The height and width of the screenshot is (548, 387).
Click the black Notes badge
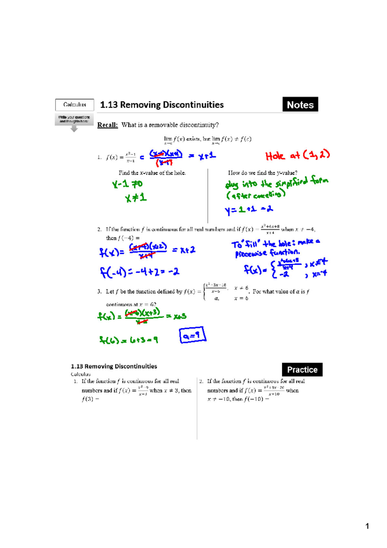pyautogui.click(x=300, y=105)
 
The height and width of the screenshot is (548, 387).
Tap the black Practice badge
pyautogui.click(x=302, y=370)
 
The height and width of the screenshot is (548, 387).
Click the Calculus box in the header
pyautogui.click(x=74, y=105)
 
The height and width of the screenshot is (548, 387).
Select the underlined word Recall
pyautogui.click(x=107, y=125)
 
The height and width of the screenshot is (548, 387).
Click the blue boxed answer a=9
pyautogui.click(x=193, y=335)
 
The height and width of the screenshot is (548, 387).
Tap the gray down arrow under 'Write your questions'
pyautogui.click(x=74, y=129)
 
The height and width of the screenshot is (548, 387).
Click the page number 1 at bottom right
pyautogui.click(x=367, y=526)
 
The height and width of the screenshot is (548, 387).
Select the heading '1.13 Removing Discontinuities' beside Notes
pyautogui.click(x=162, y=105)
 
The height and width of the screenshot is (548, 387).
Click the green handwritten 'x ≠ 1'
pyautogui.click(x=136, y=198)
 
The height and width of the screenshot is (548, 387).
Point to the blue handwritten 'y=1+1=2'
pyautogui.click(x=249, y=210)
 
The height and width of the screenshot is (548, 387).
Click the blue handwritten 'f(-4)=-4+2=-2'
pyautogui.click(x=139, y=272)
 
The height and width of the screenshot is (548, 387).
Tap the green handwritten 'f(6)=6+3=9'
pyautogui.click(x=128, y=340)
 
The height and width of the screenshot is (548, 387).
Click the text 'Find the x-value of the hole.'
pyautogui.click(x=152, y=173)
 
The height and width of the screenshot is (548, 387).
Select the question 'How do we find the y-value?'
pyautogui.click(x=263, y=173)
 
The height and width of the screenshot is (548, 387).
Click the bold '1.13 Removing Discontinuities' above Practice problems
pyautogui.click(x=114, y=366)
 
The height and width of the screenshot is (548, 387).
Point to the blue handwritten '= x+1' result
pyautogui.click(x=202, y=156)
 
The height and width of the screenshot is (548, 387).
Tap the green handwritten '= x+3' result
pyautogui.click(x=176, y=316)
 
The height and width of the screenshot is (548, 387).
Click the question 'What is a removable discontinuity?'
pyautogui.click(x=170, y=125)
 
